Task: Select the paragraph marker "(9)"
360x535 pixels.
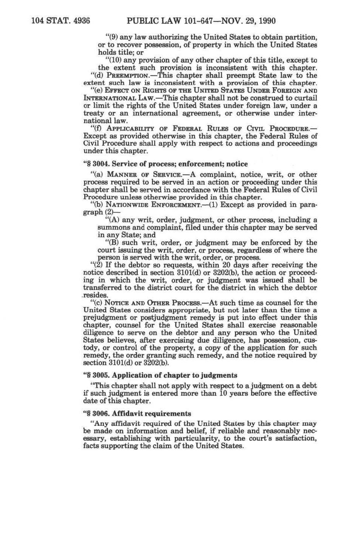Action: (112, 37)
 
